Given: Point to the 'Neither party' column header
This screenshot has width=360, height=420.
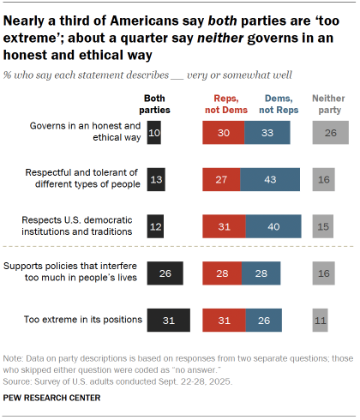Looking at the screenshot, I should coord(328,105).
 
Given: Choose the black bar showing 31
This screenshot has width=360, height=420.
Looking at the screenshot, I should coord(169,320).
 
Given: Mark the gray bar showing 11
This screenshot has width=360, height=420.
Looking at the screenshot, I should coord(320,320).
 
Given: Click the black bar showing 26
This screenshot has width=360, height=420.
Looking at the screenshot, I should coord(165,273).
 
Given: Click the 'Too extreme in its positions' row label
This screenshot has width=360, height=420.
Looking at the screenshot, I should coord(84,320).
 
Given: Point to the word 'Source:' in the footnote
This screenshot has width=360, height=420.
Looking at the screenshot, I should coord(18,380).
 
